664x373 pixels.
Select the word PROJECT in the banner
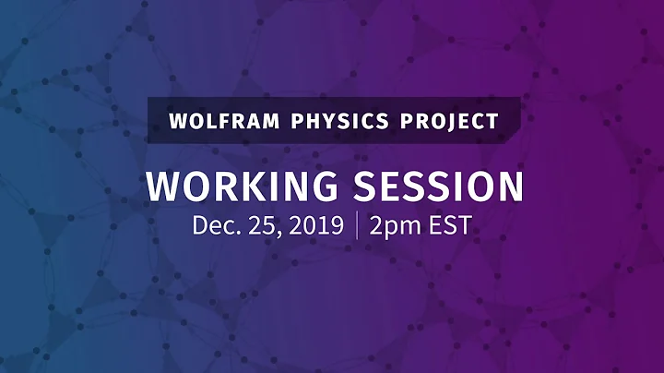[x=448, y=121]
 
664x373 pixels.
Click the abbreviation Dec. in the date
[x=215, y=225]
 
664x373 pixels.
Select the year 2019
[x=312, y=225]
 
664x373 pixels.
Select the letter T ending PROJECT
[x=492, y=121]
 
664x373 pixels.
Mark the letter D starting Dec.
[x=201, y=225]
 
